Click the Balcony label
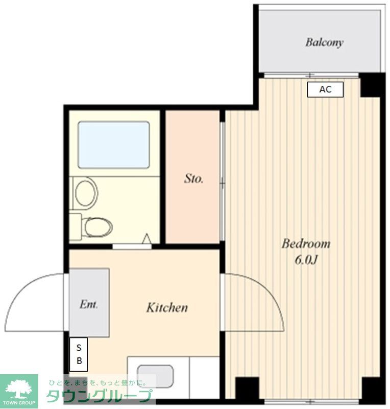click(x=324, y=42)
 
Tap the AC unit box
click(x=325, y=89)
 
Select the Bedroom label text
click(x=306, y=244)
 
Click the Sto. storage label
click(x=194, y=179)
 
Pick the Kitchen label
click(x=167, y=308)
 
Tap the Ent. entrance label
click(x=88, y=304)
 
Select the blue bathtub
click(x=113, y=145)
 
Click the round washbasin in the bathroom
click(x=85, y=192)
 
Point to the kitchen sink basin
click(x=155, y=376)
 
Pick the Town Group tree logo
click(x=19, y=390)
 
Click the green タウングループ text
click(x=100, y=396)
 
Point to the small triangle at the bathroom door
click(x=147, y=239)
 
